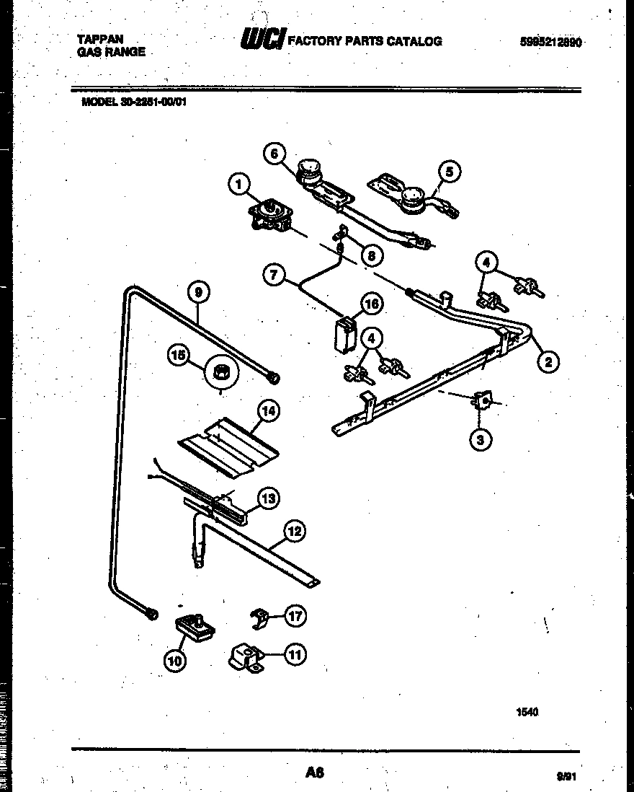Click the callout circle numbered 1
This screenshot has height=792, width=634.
(238, 185)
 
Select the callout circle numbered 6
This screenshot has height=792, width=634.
(274, 153)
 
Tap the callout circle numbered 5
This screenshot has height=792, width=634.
(450, 172)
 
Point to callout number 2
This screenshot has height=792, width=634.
(548, 362)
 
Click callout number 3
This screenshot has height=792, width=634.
(481, 439)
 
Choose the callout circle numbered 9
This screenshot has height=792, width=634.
(197, 292)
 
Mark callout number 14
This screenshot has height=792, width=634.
(268, 411)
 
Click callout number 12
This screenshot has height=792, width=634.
(293, 532)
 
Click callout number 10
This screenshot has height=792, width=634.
(175, 659)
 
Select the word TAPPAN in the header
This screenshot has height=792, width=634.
(99, 40)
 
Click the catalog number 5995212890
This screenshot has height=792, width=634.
(550, 42)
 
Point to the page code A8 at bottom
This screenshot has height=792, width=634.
(314, 773)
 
